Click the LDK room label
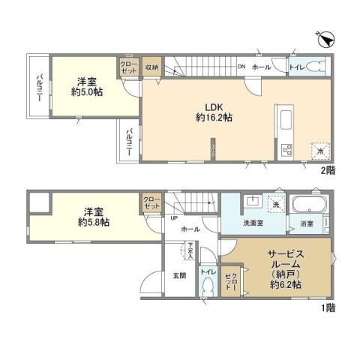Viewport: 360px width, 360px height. (207, 106)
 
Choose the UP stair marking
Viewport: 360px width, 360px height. (175, 218)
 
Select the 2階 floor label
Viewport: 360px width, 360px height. (328, 171)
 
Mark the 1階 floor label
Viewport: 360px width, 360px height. (328, 307)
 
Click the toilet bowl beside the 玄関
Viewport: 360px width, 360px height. (208, 288)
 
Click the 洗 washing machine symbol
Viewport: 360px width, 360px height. (275, 205)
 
